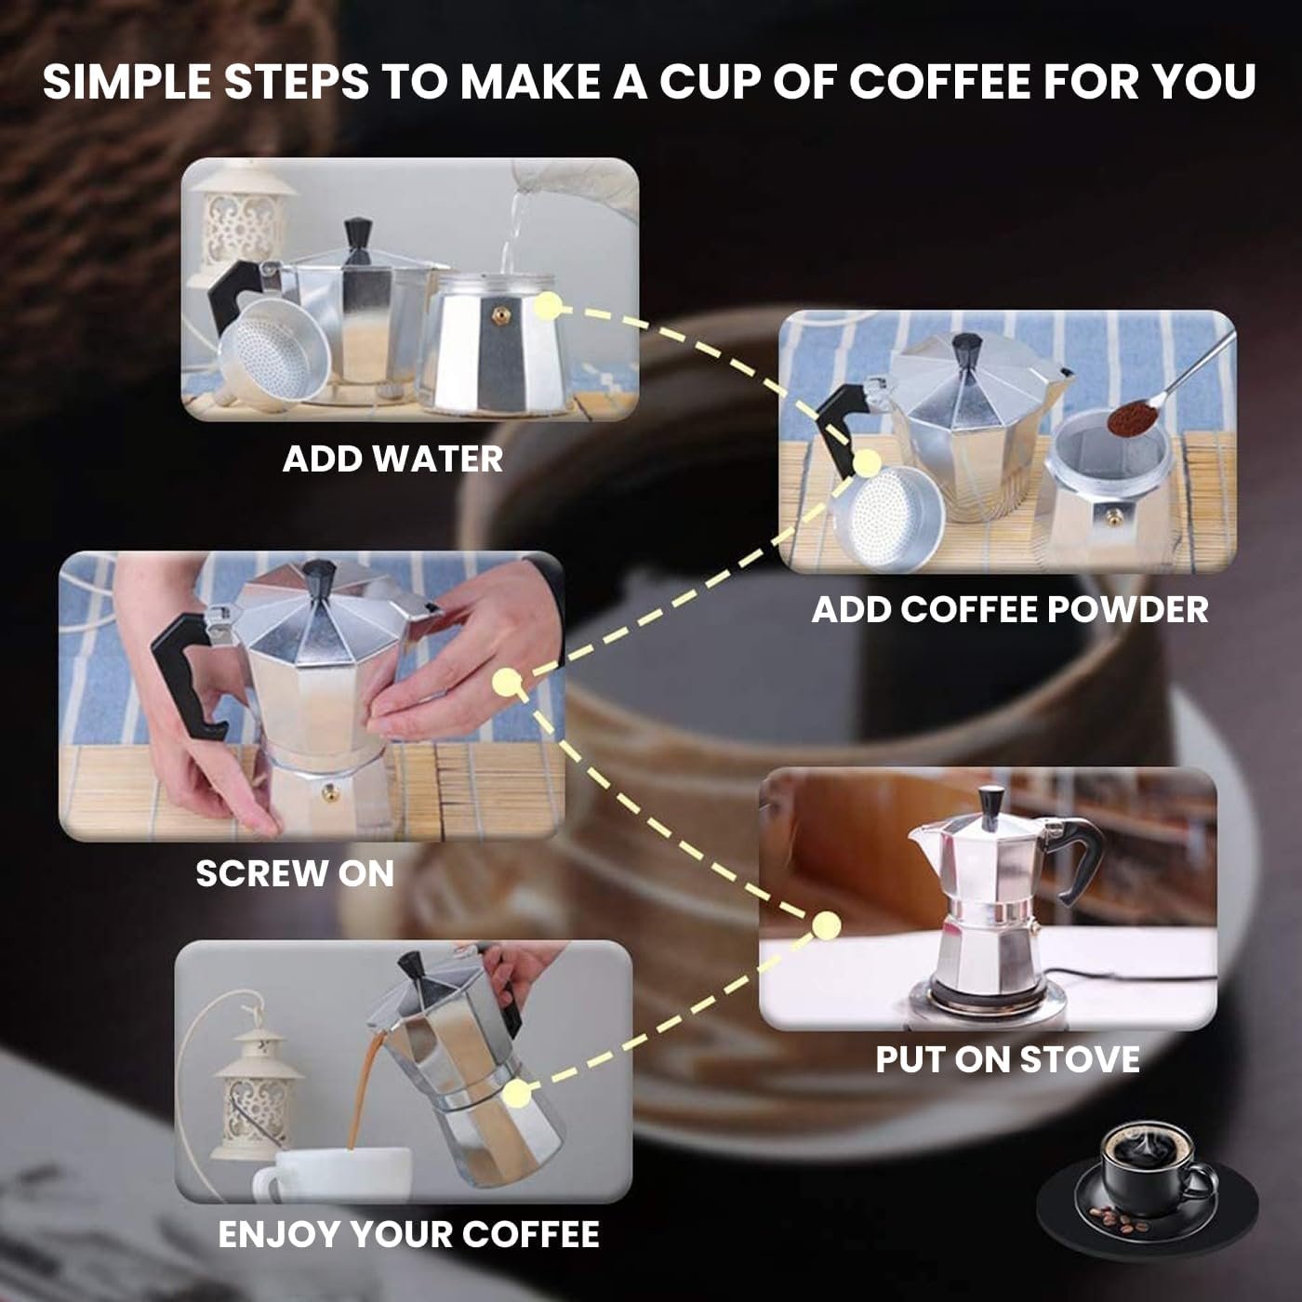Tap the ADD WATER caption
coord(392,459)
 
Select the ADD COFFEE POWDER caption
coord(1009,609)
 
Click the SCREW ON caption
coord(295,873)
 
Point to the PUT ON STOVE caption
coord(1007,1059)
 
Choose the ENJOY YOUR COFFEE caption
coord(409,1234)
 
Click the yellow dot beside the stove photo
coord(826,925)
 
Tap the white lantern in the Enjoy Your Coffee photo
coord(256,1094)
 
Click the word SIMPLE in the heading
coord(127,83)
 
